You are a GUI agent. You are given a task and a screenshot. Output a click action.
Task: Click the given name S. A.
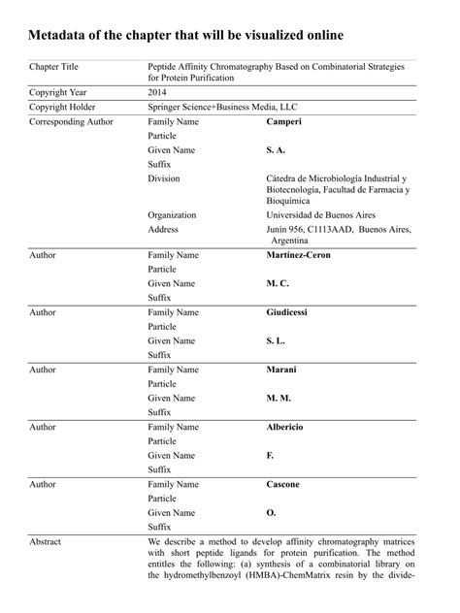[x=277, y=151]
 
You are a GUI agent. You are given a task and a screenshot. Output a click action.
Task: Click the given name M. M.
[x=279, y=398]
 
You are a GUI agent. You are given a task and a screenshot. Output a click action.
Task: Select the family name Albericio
[x=288, y=427]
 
